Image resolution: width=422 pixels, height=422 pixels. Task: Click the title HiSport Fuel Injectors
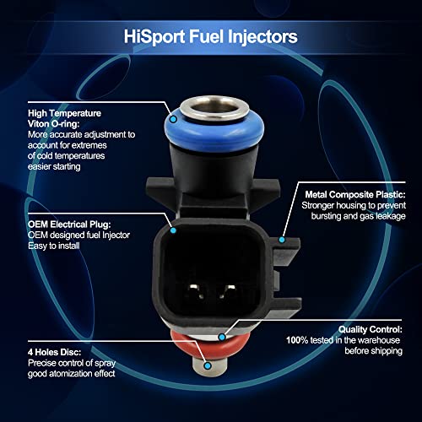tap(211, 36)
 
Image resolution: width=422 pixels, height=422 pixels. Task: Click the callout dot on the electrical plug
tap(172, 229)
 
